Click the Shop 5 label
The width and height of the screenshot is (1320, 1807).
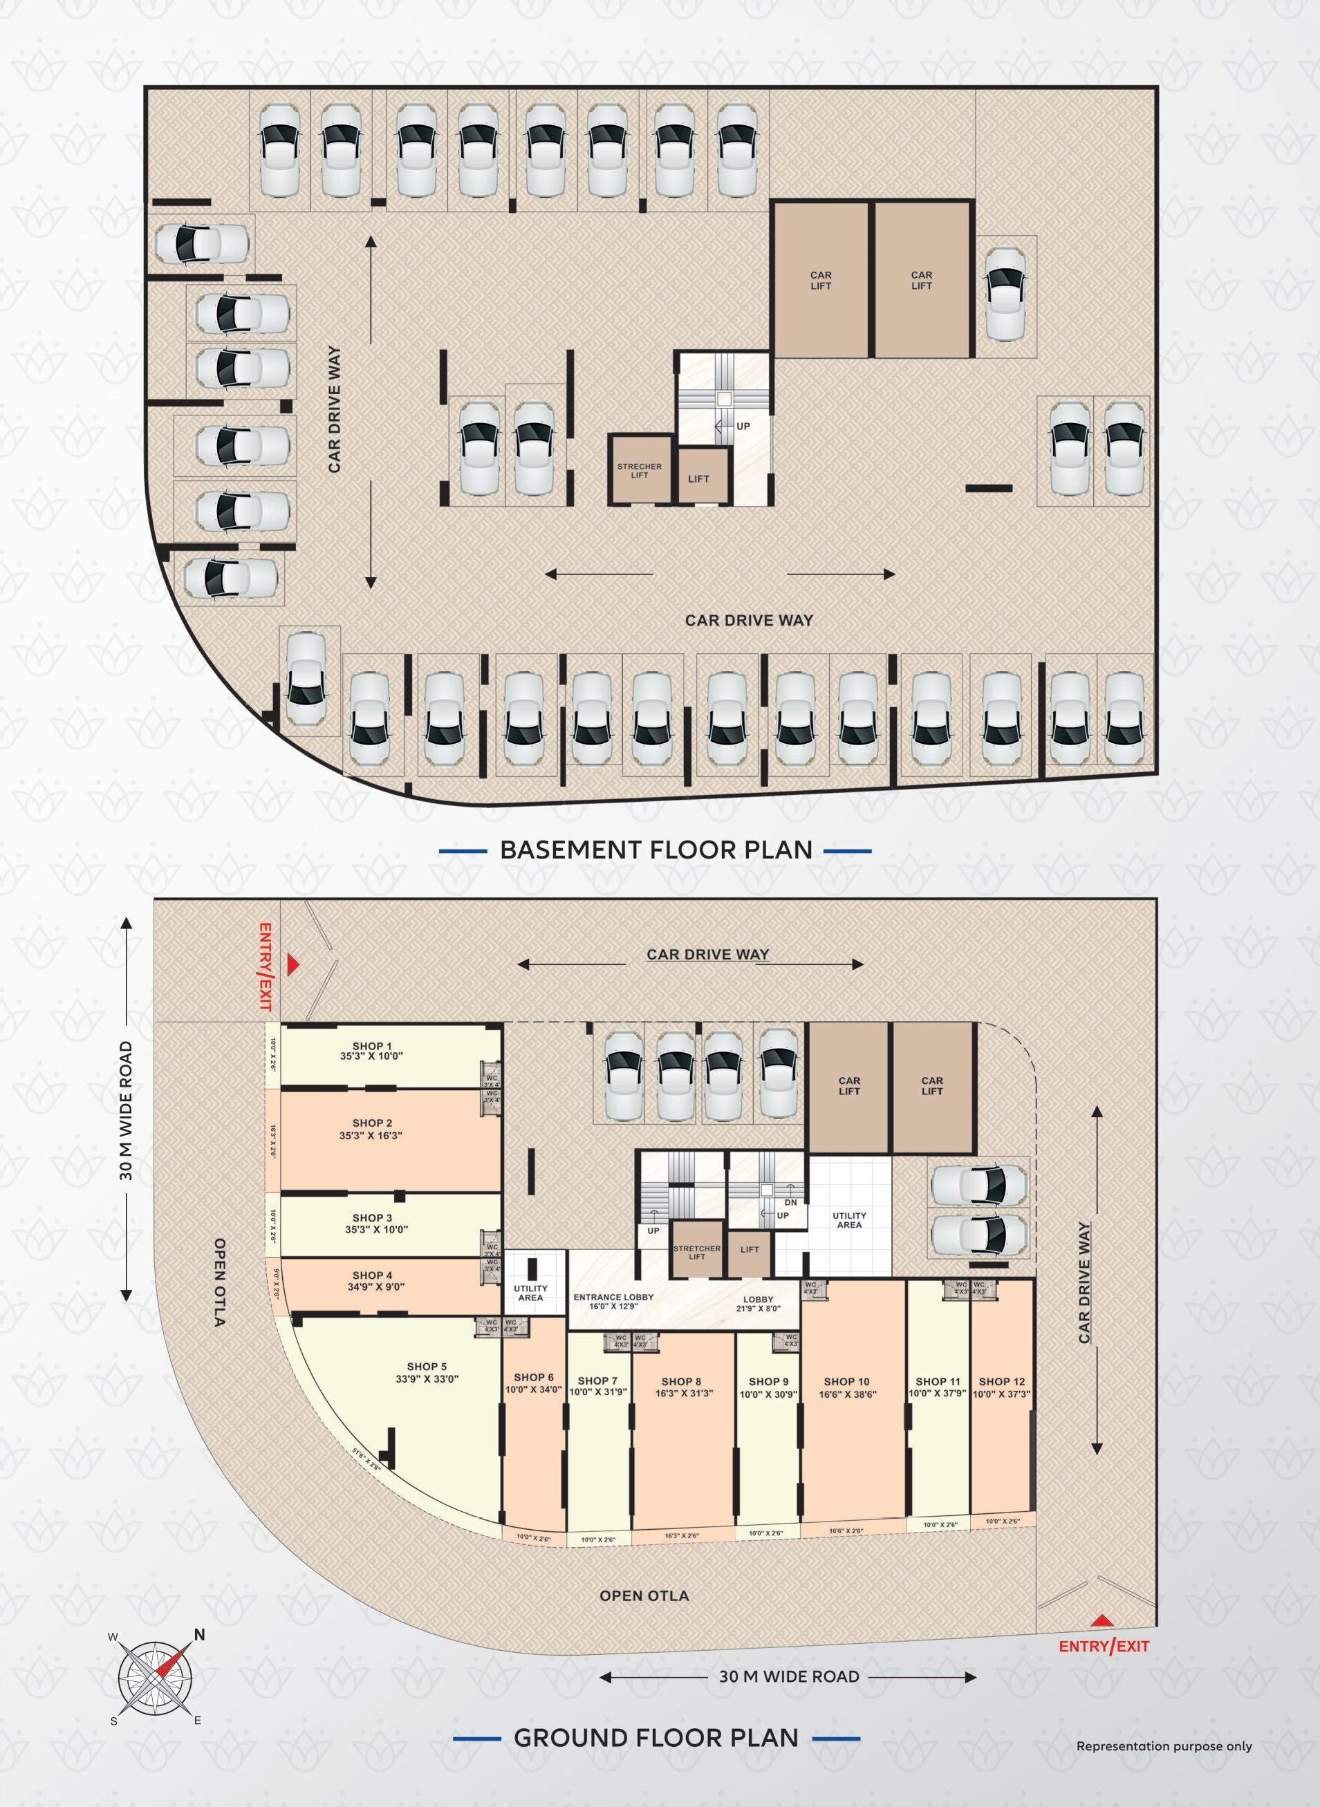(x=427, y=1367)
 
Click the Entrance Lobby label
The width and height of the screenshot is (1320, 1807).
(x=613, y=1298)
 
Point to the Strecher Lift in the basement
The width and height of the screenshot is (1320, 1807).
(x=639, y=471)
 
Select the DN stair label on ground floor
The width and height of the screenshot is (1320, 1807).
(x=791, y=1202)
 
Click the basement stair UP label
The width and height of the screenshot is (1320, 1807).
(x=743, y=427)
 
